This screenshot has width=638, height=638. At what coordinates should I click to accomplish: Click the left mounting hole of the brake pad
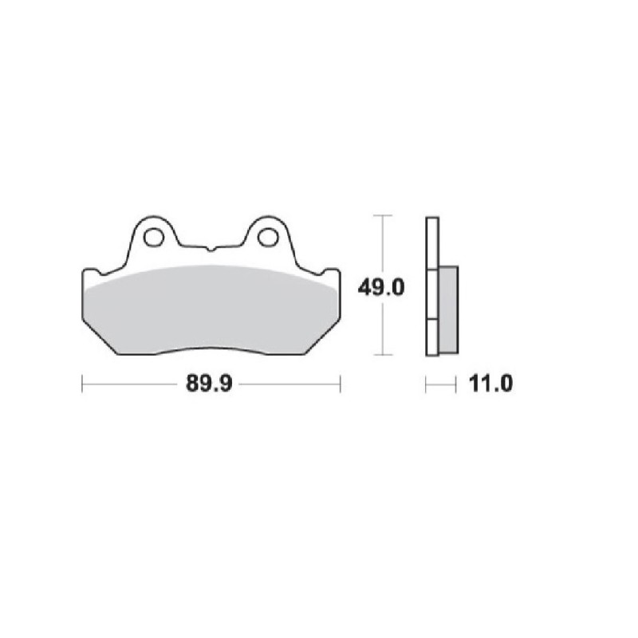tap(153, 237)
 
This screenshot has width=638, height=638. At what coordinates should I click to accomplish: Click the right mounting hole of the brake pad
tap(269, 237)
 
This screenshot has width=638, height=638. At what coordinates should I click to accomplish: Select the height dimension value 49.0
tap(377, 286)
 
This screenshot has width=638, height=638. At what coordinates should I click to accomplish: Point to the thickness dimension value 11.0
tap(486, 385)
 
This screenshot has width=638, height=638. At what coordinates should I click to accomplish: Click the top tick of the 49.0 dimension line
tap(384, 216)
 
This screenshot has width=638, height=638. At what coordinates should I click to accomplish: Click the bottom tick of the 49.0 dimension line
tap(384, 354)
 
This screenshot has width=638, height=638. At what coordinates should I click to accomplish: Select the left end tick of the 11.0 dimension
tap(427, 385)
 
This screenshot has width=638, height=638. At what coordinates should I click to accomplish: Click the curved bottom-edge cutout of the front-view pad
tap(211, 349)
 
